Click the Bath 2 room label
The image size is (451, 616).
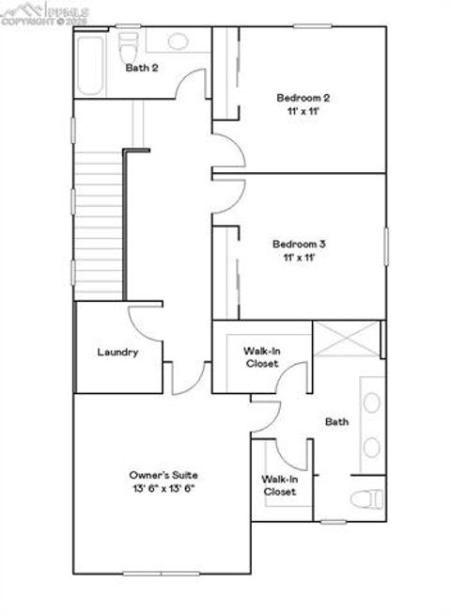[x=141, y=68]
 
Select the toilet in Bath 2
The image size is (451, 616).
[x=130, y=42]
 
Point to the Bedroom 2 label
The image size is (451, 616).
[x=303, y=98]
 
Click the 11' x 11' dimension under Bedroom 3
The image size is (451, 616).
[x=300, y=257]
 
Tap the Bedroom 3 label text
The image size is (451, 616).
[x=300, y=243]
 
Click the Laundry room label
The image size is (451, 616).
[x=118, y=353]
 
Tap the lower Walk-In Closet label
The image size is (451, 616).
[x=279, y=484]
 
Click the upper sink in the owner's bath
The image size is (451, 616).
[x=372, y=403]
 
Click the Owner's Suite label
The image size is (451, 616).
[x=163, y=475]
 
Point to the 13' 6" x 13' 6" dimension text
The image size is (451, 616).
[x=163, y=489]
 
